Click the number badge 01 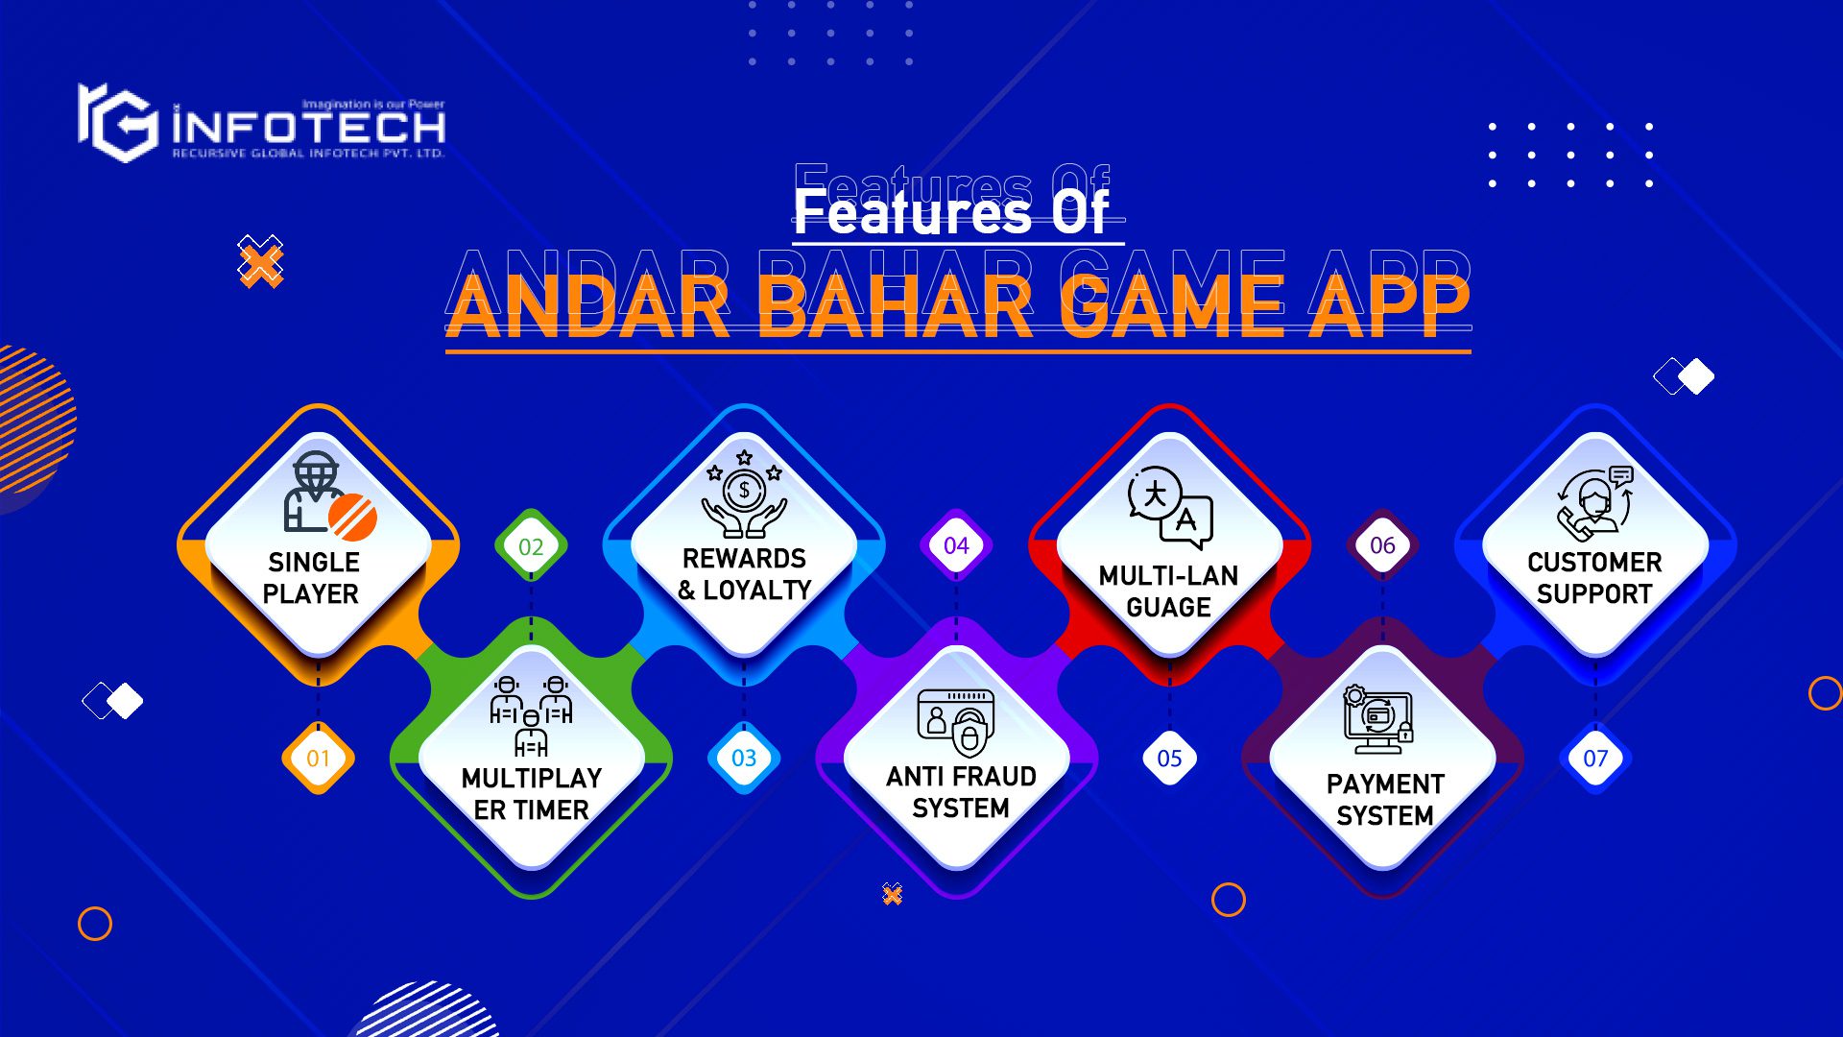coord(318,759)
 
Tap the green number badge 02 coord(531,546)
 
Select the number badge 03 coord(744,759)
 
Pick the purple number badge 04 coord(956,545)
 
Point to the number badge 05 coord(1169,759)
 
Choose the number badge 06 coord(1382,545)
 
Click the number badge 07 coord(1595,759)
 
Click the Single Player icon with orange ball coord(326,494)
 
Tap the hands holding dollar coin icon coord(744,495)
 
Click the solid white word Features coord(911,211)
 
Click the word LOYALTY coord(757,591)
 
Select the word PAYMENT coord(1384,784)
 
